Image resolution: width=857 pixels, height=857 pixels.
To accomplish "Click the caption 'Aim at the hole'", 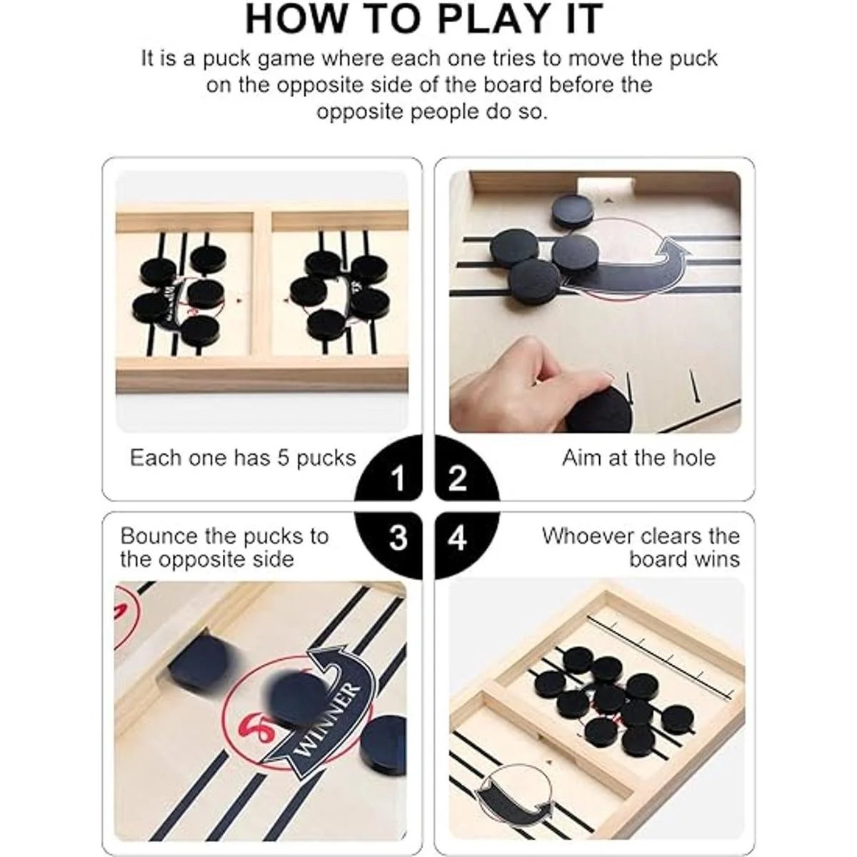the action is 638,458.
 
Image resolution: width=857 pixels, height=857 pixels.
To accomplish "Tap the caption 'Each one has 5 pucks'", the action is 243,458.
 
